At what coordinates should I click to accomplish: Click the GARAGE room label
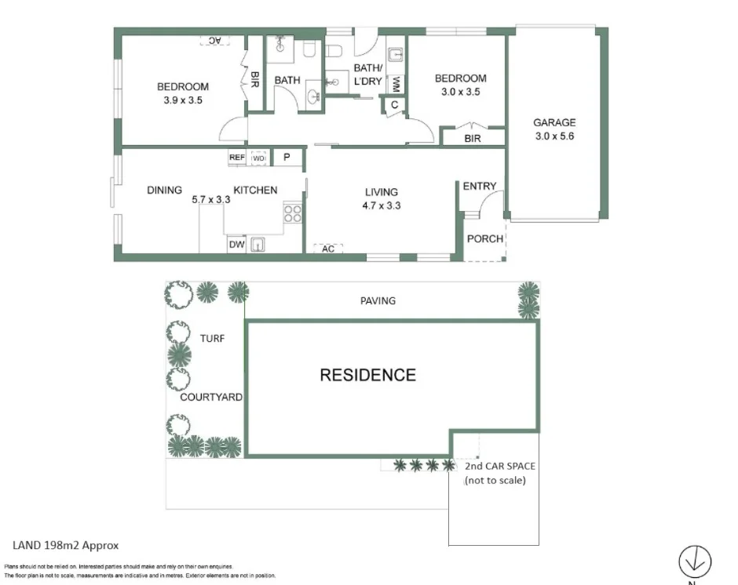554,122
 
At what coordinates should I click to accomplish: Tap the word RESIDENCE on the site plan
367,375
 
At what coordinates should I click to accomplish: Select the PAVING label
378,300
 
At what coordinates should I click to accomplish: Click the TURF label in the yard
212,339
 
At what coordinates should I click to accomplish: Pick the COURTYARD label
211,397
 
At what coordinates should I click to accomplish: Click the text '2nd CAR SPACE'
495,466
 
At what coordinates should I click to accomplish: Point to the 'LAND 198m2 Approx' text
65,545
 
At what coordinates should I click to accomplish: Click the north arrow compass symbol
695,561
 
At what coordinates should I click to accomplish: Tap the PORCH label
484,238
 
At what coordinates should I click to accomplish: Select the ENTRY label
479,186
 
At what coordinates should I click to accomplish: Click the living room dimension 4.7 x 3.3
382,205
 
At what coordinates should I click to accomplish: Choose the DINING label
164,190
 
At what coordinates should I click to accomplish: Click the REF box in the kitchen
237,158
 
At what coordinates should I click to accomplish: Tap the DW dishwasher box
236,245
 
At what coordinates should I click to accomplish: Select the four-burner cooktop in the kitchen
293,213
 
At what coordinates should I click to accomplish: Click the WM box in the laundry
396,83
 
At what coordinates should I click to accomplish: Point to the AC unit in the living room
328,249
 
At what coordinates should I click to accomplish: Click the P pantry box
287,158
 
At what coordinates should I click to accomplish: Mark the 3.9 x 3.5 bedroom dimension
183,100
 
